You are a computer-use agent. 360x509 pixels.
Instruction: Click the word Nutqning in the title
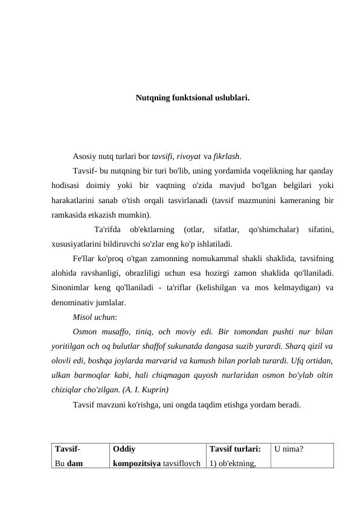pyautogui.click(x=152, y=97)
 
